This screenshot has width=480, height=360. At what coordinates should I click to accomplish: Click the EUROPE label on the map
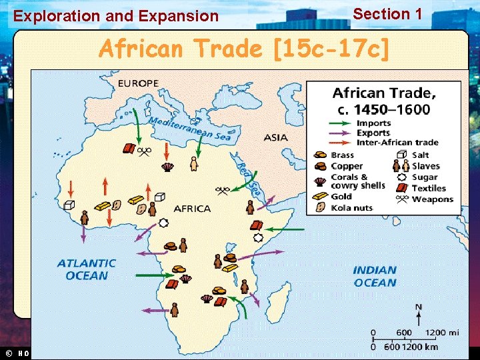[138, 83]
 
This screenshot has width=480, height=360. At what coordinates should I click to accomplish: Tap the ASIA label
[275, 138]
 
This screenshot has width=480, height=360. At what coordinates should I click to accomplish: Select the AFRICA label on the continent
[192, 209]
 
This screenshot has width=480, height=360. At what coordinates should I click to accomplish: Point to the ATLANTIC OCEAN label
[86, 269]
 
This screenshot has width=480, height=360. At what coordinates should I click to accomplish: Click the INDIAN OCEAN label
[375, 276]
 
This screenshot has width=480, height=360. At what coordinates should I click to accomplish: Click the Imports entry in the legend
[373, 123]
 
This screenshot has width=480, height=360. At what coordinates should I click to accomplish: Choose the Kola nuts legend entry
[351, 208]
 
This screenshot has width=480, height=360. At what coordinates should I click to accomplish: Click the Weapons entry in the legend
[431, 199]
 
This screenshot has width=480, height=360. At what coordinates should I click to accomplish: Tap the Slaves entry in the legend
[425, 166]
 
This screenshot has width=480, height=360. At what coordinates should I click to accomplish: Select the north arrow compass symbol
[418, 314]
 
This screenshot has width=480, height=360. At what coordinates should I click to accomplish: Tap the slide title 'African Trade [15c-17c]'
[243, 49]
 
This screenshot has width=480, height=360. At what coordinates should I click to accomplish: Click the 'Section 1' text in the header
[387, 14]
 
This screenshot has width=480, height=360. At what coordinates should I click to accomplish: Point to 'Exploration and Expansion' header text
[116, 16]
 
